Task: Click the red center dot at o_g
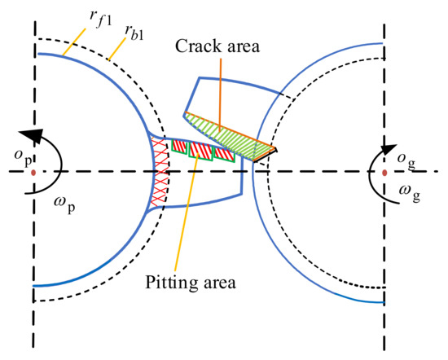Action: (384, 173)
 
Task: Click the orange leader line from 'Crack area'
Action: (221, 90)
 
